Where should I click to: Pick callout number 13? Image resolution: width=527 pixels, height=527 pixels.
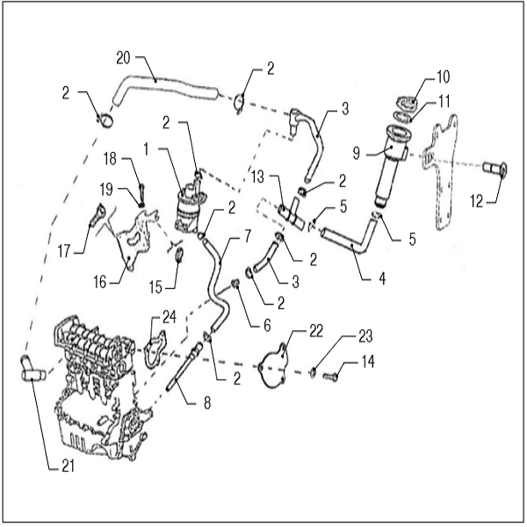pyautogui.click(x=256, y=174)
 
